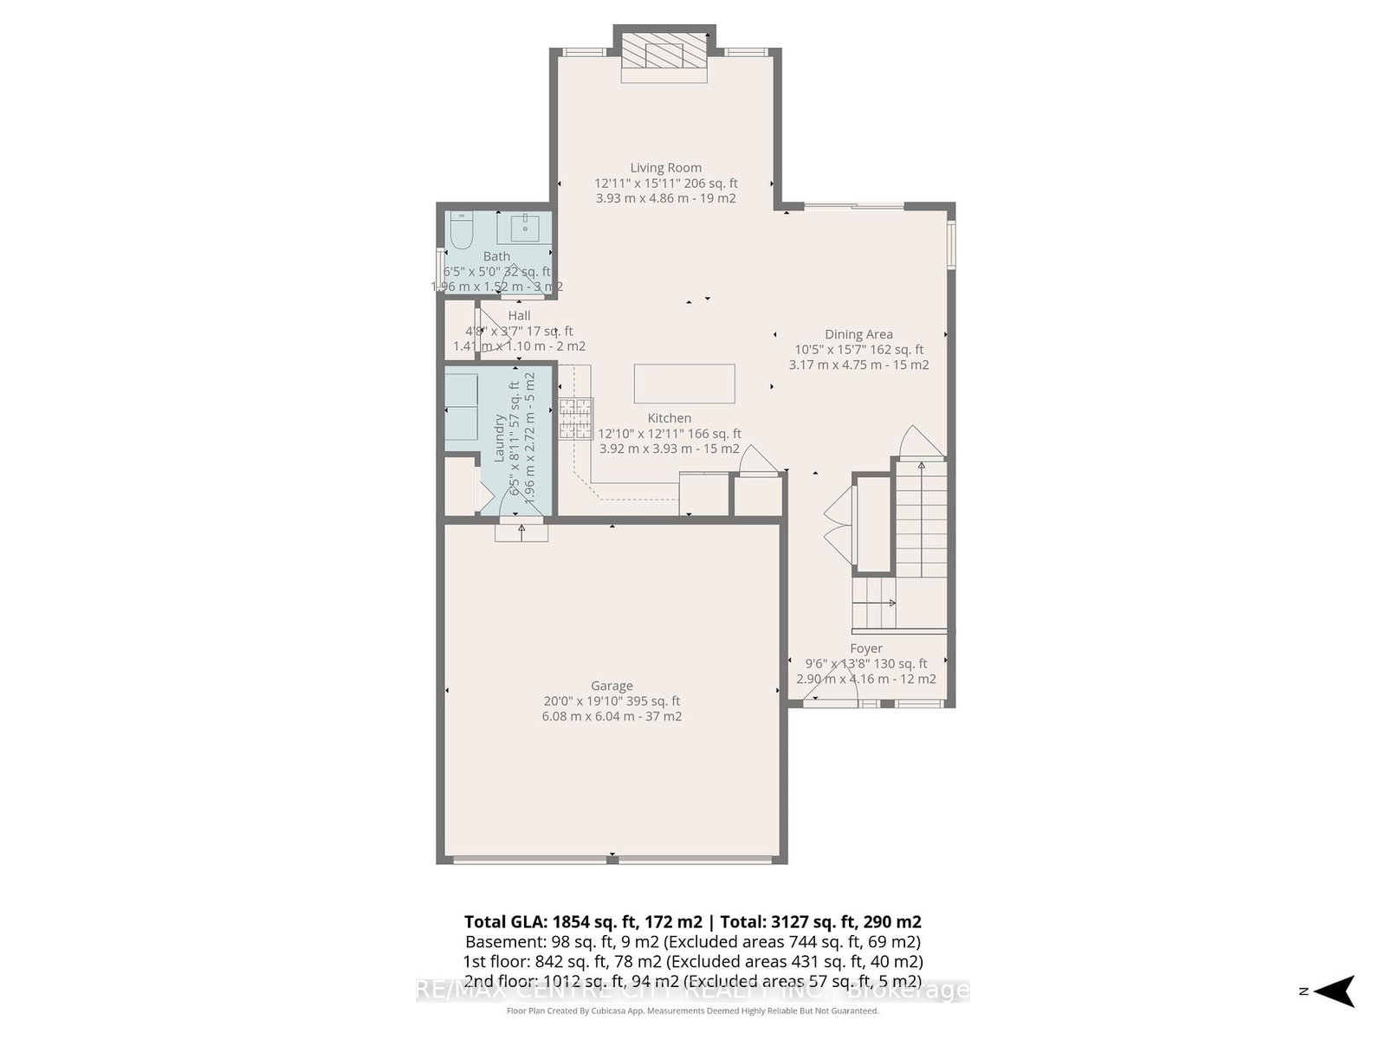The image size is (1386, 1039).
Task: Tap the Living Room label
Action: pos(665,168)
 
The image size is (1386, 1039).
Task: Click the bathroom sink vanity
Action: pos(524,229)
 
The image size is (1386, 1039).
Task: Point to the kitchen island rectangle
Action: pos(684,384)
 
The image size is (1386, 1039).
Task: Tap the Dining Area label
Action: pos(858,334)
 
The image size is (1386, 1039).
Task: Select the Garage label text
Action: pos(612,686)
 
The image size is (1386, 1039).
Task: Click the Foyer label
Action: pos(866,649)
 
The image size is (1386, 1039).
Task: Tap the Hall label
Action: pos(520,315)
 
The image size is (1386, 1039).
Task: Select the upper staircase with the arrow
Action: pos(921,519)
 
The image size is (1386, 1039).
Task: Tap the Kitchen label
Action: pos(670,418)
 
